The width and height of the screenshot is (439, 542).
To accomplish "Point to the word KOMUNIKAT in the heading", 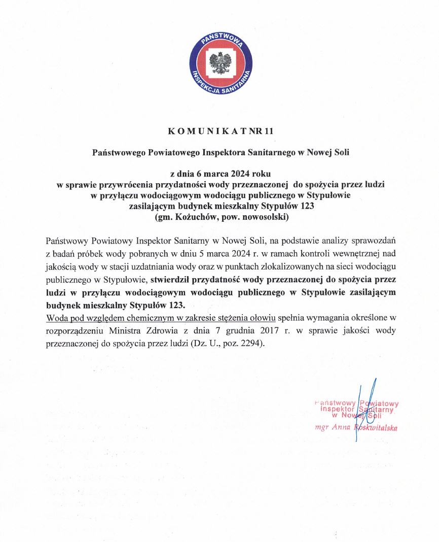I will point(204,131).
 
